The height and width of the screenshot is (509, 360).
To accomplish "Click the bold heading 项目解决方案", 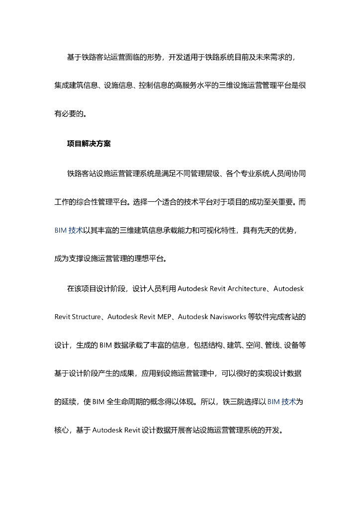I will (x=89, y=144).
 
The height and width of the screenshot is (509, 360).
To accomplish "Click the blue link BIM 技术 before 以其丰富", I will (x=69, y=231).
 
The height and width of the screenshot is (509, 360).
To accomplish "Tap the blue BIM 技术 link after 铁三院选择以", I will (x=282, y=402).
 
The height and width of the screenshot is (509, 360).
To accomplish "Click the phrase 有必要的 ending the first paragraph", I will (x=69, y=113).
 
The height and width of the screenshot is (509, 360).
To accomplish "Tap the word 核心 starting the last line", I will (x=61, y=430).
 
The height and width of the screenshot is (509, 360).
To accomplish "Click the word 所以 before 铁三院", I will (x=215, y=402).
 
